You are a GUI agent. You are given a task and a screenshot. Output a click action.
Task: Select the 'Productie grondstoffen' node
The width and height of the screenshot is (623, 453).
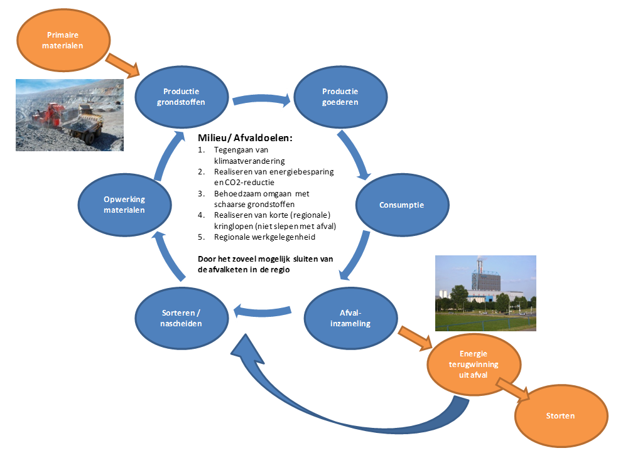pos(181,96)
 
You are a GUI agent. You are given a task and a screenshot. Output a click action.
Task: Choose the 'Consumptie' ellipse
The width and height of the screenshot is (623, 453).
pos(402,205)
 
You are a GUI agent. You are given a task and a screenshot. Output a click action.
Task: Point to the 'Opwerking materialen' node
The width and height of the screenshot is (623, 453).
pos(124,205)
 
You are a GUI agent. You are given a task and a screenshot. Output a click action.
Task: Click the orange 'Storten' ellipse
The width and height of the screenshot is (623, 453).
pos(561,415)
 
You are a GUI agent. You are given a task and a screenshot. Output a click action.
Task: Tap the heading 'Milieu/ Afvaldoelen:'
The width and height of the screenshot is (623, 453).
pos(246,137)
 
